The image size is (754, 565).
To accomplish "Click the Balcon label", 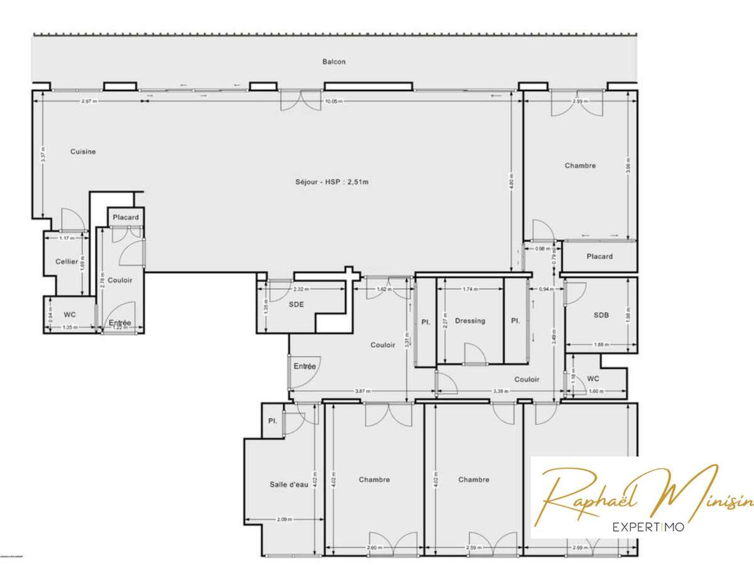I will tap(334, 62).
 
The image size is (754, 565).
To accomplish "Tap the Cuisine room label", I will tap(83, 151).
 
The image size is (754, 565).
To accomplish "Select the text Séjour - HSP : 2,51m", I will tap(331, 183).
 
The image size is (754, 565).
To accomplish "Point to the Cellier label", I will tap(66, 262).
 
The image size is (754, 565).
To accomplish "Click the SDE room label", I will tap(297, 304).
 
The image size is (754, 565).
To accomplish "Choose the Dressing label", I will tap(470, 321).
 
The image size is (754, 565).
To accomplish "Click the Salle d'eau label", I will tap(288, 484).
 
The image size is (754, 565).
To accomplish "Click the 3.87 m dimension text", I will tap(363, 391).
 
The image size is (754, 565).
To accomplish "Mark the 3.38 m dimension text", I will tap(500, 391).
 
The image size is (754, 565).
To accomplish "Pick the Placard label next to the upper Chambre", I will tap(599, 256).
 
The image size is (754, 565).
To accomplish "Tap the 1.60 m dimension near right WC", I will tap(596, 391).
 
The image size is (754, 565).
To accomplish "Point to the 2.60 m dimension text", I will tap(373, 547).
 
